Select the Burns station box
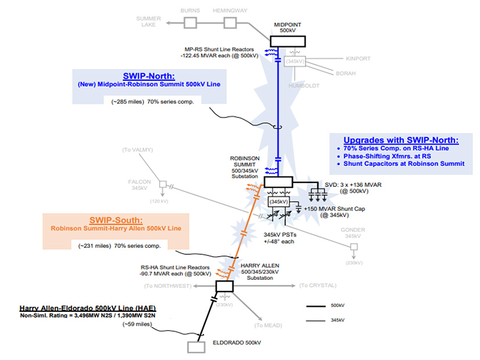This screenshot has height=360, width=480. point(191,22)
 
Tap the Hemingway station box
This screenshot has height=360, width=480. point(231,22)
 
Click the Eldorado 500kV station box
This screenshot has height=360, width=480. point(197,346)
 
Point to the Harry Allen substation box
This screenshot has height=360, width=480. point(224,286)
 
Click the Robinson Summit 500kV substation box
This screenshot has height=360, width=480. point(281,182)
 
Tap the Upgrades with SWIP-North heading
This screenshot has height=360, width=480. point(401,141)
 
